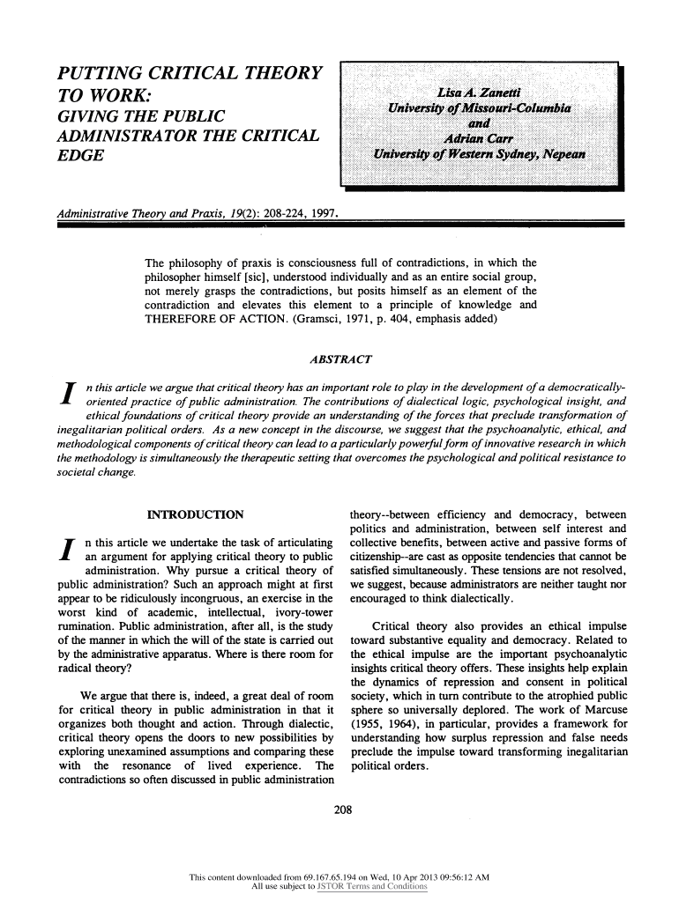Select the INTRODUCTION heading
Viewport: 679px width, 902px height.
pos(195,514)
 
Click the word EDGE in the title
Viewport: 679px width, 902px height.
pos(79,155)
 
